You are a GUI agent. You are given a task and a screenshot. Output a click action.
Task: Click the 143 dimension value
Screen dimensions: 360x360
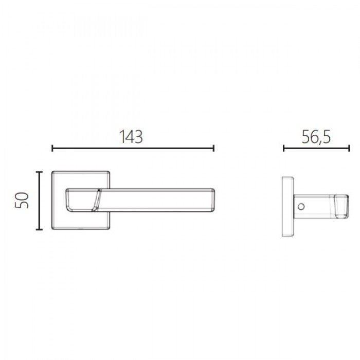[131, 137]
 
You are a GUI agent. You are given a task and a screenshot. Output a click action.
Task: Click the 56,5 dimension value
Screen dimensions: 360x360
[316, 137]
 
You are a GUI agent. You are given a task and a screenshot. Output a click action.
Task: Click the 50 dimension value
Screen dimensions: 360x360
[22, 201]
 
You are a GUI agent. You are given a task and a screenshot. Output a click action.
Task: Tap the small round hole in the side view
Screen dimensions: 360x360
[301, 207]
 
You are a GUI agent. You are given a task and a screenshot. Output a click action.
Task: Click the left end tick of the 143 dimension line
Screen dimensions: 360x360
[52, 148]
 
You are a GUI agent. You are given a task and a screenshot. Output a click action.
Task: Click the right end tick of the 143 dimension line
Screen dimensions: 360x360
[213, 148]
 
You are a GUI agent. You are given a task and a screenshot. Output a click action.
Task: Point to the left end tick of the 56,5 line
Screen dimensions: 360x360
[284, 148]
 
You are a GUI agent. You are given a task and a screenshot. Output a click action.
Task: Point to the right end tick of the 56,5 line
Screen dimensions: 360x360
[349, 148]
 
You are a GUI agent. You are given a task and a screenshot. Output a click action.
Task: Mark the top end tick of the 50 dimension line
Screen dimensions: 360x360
[39, 172]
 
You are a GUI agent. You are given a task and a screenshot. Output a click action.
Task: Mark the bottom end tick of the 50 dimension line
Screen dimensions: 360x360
[39, 229]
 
